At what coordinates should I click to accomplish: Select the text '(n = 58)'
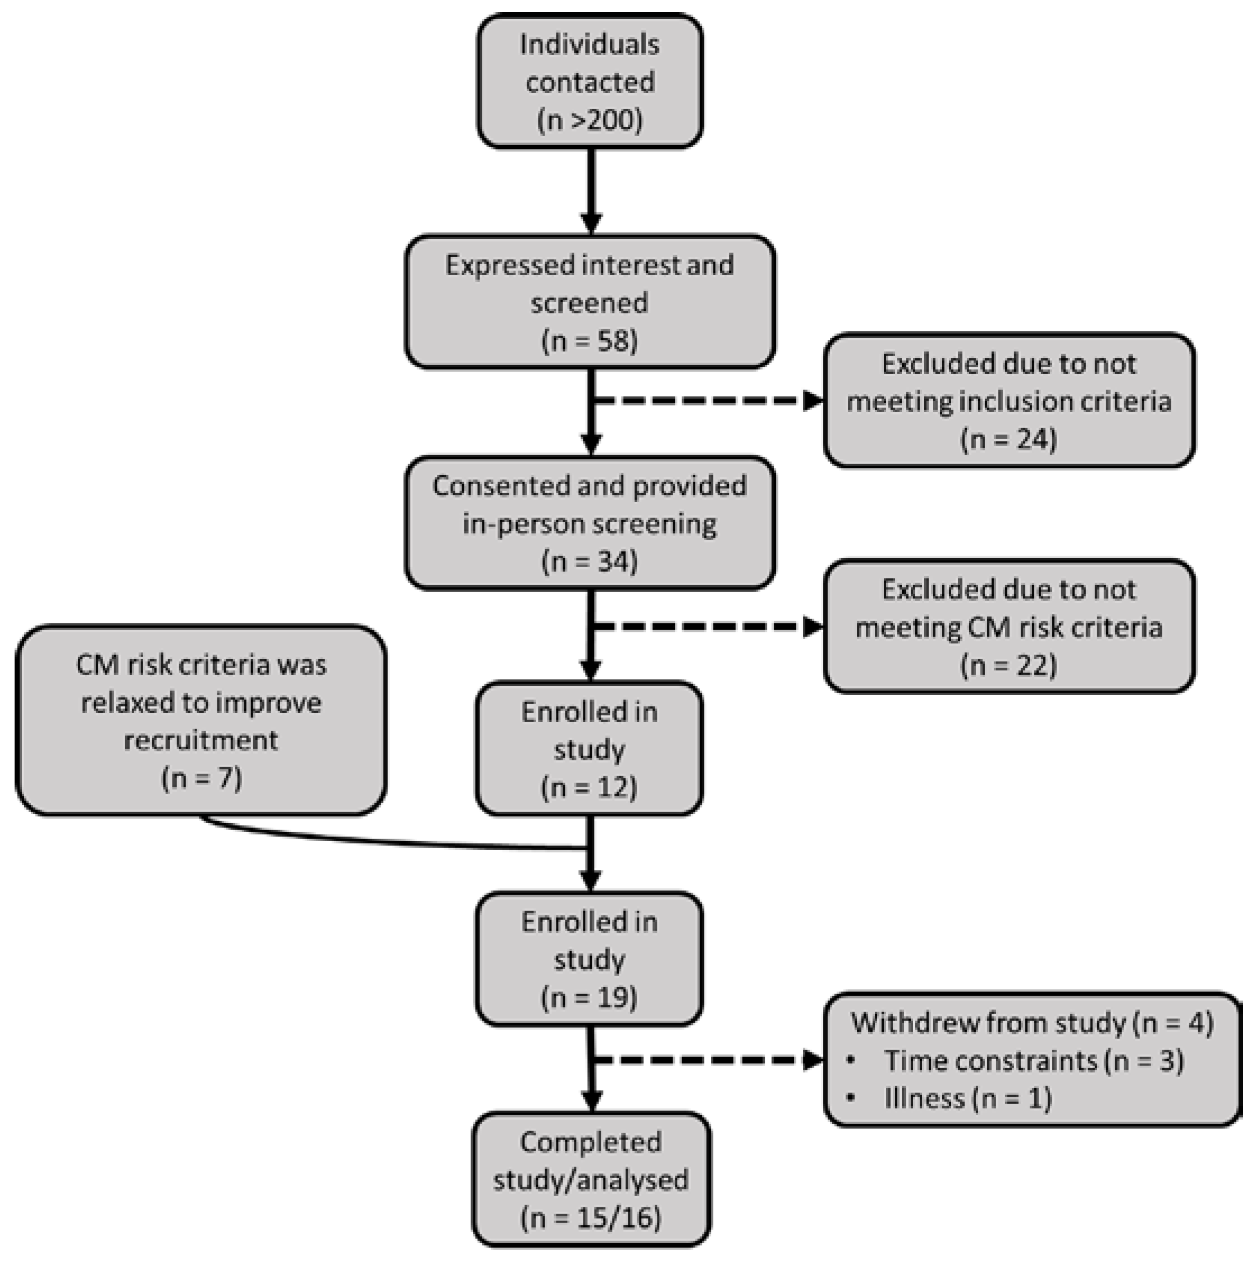coord(590,341)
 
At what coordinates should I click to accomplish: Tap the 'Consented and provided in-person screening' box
coord(590,523)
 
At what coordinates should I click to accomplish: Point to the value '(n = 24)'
coord(1008,439)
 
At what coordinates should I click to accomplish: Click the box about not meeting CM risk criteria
coord(1008,626)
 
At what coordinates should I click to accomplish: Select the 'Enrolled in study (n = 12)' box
coord(590,749)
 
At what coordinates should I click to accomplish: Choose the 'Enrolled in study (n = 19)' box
coord(590,959)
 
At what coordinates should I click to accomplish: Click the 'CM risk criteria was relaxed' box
coord(201,720)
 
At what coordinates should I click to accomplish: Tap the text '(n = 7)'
coord(202,778)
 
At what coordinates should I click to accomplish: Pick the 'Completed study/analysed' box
coord(591,1179)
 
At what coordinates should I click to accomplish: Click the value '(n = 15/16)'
coord(591,1217)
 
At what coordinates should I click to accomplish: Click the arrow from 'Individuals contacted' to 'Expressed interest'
coord(591,190)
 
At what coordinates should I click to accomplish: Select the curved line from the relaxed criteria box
coord(392,842)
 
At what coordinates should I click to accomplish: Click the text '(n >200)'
coord(590,120)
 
